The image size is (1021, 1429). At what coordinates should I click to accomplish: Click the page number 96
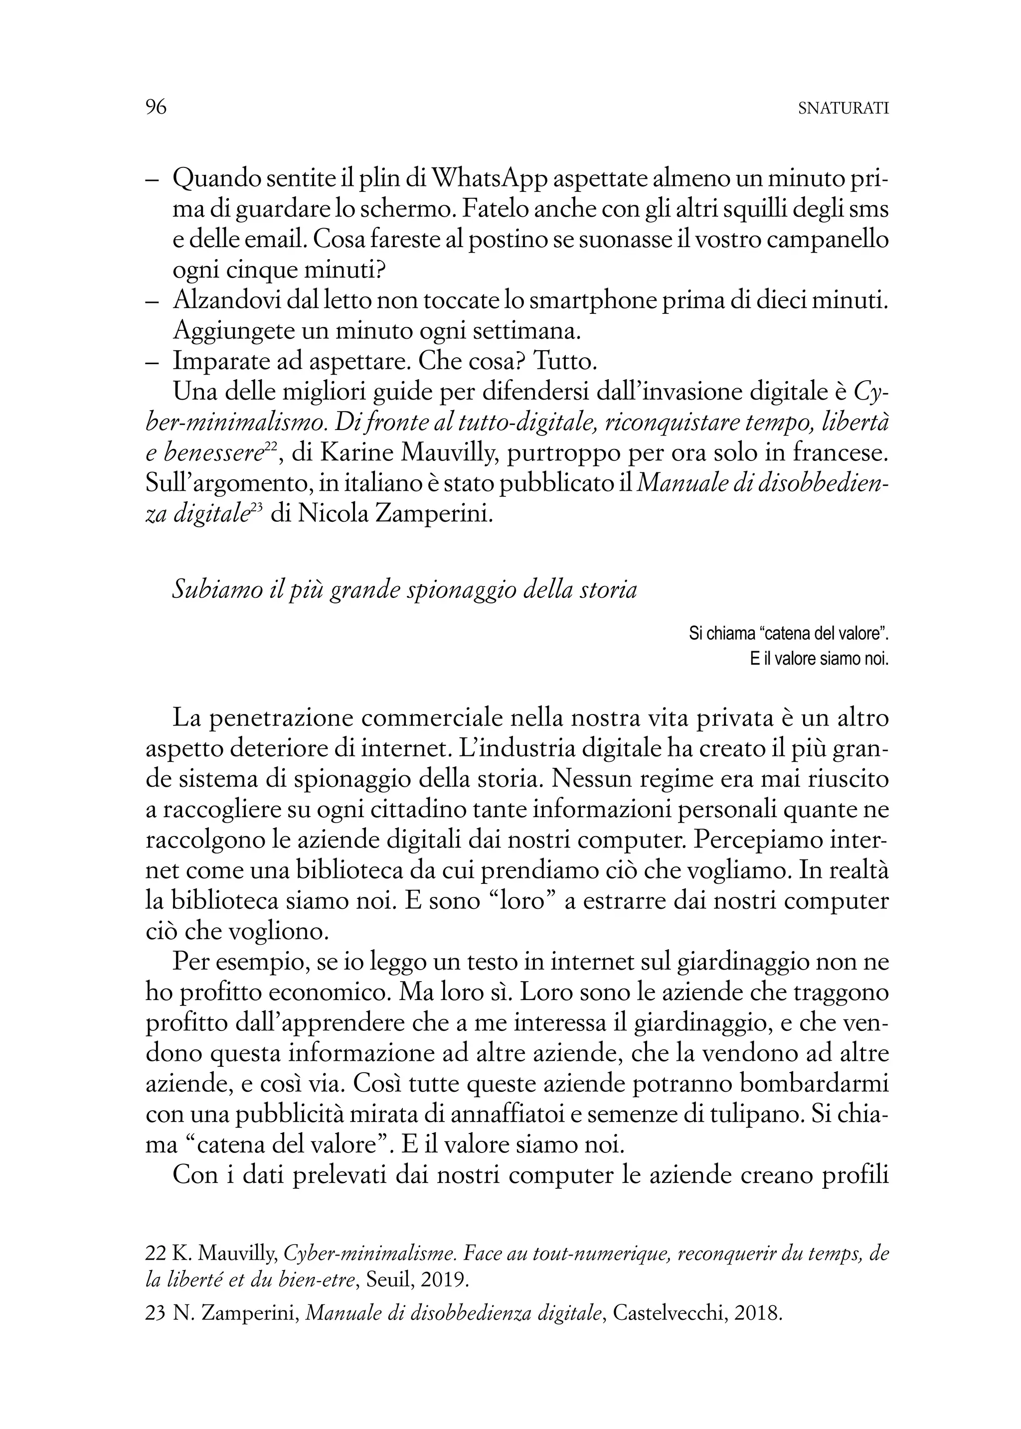(x=156, y=108)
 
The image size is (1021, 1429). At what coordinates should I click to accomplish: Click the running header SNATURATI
(x=843, y=109)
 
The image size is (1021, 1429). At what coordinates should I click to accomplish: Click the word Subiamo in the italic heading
(x=214, y=590)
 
